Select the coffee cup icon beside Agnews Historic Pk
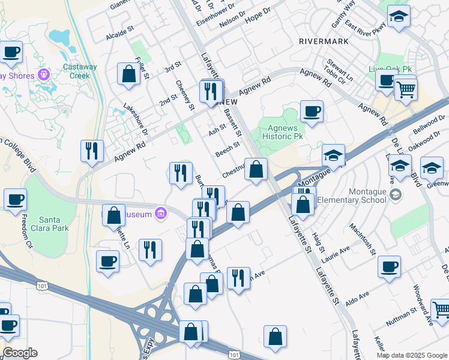click(312, 111)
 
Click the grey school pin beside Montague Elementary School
click(395, 194)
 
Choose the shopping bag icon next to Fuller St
click(128, 74)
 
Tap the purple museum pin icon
click(160, 213)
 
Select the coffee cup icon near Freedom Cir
click(15, 199)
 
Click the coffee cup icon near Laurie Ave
click(390, 266)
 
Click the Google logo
click(20, 353)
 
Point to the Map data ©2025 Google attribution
click(412, 355)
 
